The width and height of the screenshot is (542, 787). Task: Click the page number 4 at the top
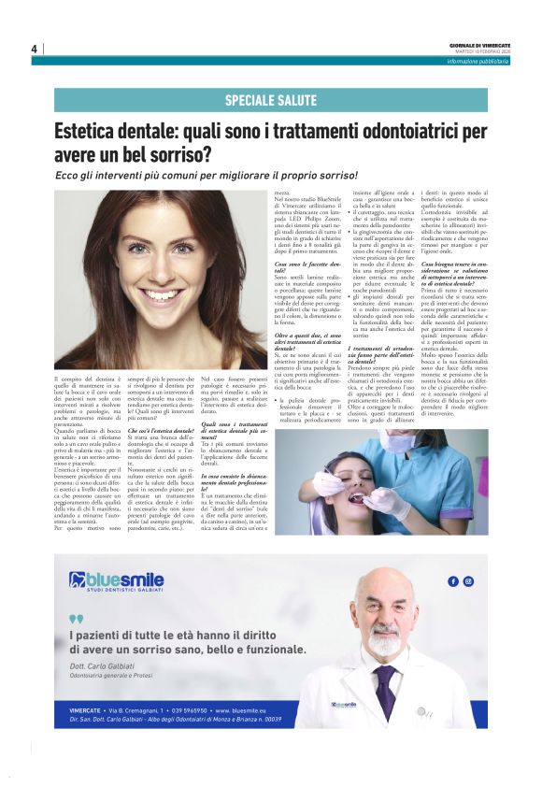34,49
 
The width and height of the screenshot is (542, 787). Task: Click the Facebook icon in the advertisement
453,581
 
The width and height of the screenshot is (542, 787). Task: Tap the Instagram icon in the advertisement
468,581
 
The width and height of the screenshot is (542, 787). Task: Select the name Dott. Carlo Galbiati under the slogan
104,663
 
